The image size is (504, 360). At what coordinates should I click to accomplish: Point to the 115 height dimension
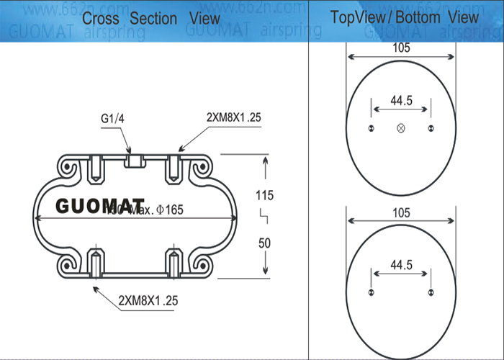point(265,194)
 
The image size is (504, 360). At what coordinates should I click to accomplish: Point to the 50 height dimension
point(264,243)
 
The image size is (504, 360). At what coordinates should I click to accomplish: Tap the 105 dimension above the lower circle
point(401,213)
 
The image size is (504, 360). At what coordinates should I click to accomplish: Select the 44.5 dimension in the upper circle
point(401,101)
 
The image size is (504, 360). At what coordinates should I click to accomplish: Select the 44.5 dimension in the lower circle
point(401,266)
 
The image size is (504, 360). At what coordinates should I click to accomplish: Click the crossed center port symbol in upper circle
point(401,128)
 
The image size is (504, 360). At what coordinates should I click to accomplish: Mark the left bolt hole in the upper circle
point(372,128)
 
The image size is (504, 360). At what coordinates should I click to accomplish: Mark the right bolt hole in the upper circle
point(431,128)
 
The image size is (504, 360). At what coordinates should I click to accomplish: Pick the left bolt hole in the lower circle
point(372,292)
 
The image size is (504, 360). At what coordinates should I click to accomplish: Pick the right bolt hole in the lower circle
point(431,292)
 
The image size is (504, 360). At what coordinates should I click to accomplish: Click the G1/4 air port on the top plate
point(132,159)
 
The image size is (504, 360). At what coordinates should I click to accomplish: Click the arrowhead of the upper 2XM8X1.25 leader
point(180,149)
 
